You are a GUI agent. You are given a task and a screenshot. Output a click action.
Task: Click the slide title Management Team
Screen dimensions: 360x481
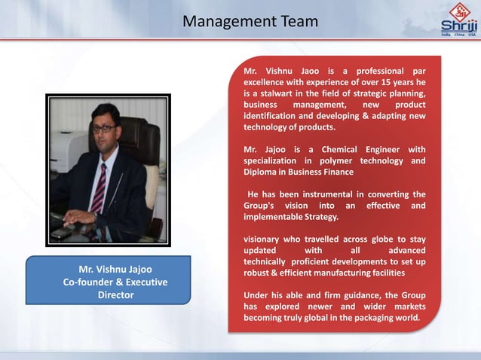coord(250,21)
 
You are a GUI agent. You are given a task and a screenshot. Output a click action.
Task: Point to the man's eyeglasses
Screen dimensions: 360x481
coord(103,129)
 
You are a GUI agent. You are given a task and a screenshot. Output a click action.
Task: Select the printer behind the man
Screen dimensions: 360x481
coord(69,151)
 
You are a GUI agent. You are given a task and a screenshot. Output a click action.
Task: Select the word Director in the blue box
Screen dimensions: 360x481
coord(115,295)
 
